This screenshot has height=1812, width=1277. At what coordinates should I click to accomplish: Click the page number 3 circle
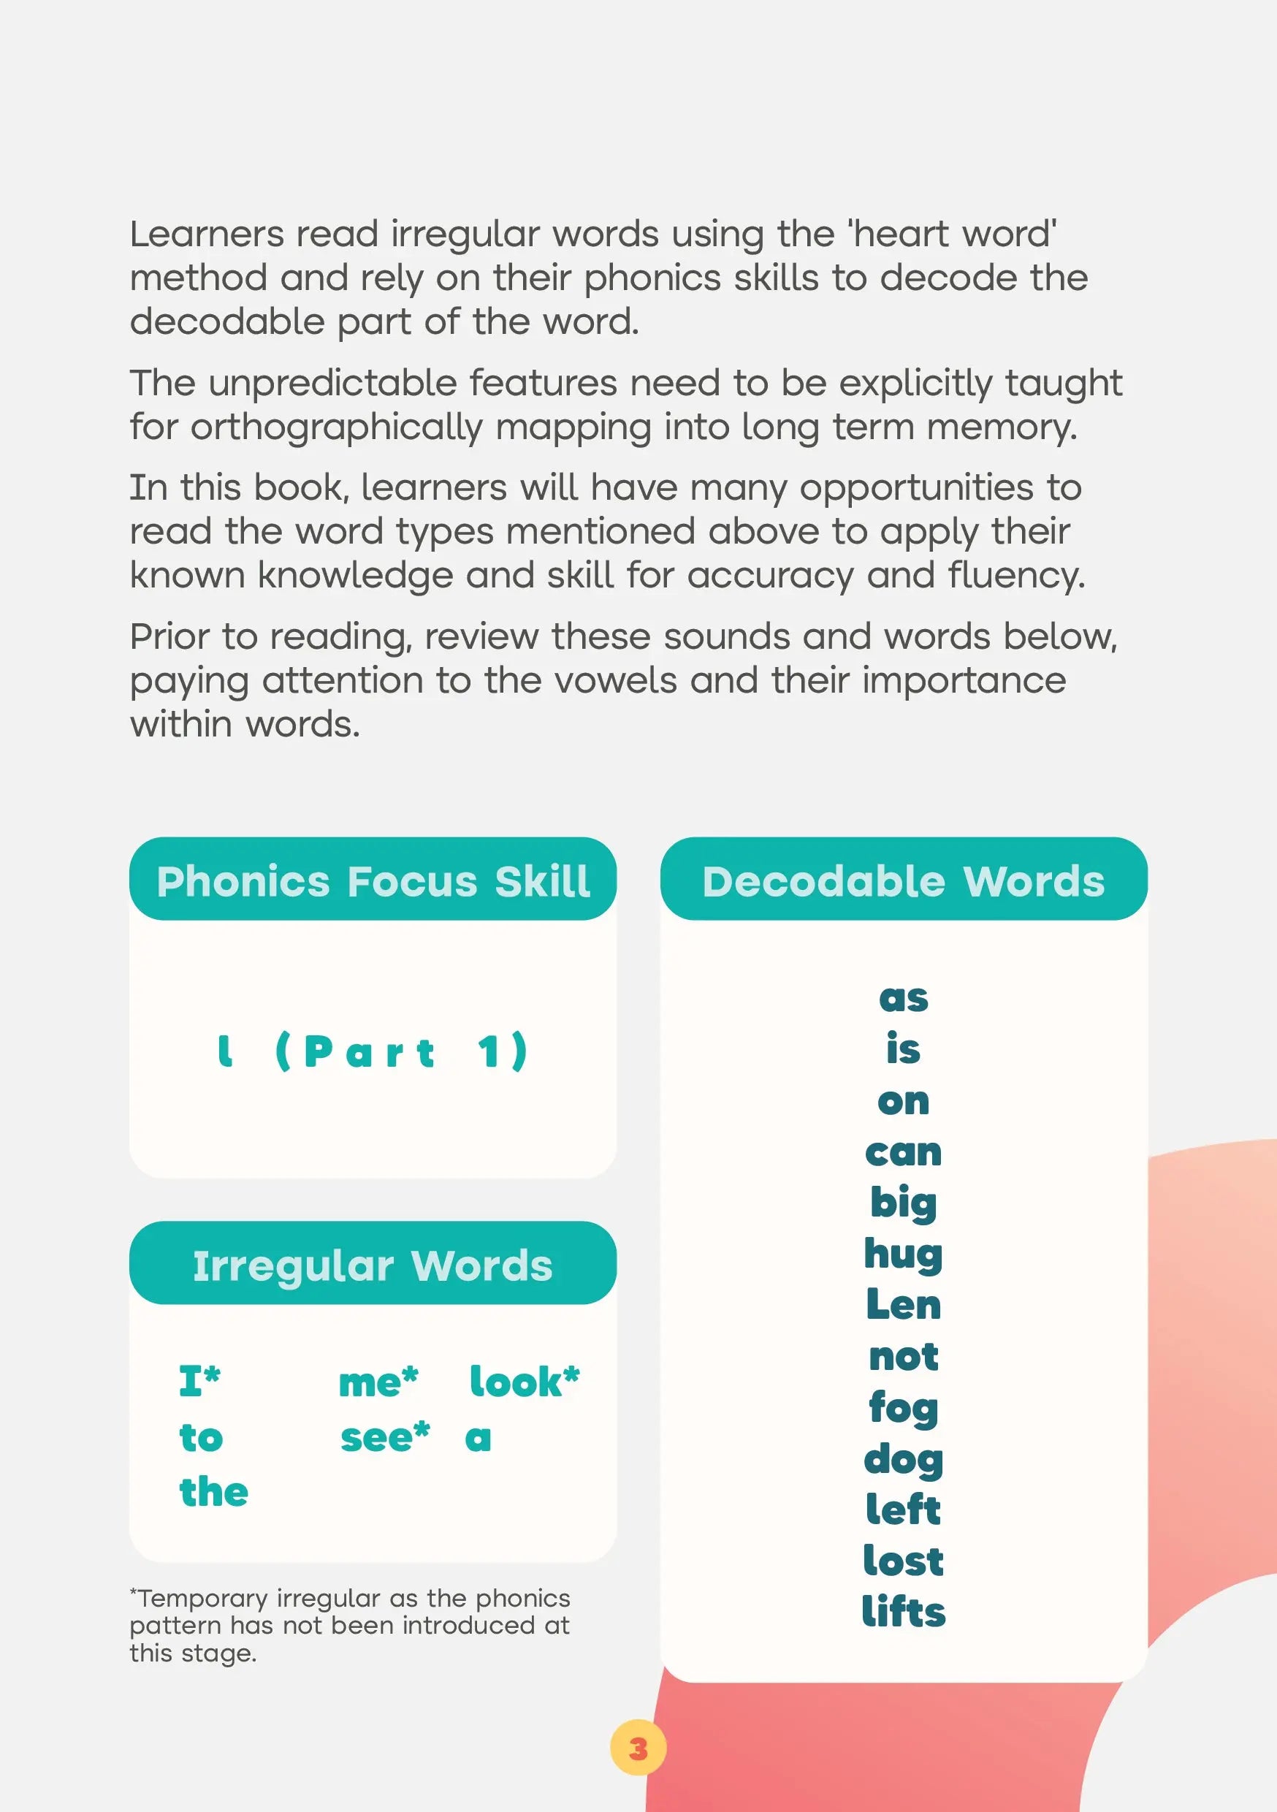[638, 1748]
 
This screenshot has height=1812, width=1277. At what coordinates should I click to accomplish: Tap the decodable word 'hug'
[903, 1254]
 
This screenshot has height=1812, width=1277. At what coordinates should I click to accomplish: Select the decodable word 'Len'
[903, 1304]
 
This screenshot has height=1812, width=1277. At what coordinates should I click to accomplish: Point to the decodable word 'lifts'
[903, 1612]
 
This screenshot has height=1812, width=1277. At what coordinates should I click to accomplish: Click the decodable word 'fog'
[903, 1408]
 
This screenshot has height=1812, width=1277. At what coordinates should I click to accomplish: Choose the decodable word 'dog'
[903, 1459]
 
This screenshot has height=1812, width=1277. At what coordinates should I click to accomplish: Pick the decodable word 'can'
[903, 1153]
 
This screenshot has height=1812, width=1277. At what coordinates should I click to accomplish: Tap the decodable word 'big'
[903, 1203]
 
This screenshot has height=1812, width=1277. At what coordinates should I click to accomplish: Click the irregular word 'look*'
[524, 1382]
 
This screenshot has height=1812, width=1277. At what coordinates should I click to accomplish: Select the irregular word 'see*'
[384, 1437]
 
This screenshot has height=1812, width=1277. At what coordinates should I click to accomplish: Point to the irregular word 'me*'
[378, 1382]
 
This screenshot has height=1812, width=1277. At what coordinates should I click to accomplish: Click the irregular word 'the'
[213, 1491]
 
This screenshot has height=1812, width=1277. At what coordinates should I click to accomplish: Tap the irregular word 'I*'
[199, 1382]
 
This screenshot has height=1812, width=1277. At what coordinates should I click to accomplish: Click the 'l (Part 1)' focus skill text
[373, 1052]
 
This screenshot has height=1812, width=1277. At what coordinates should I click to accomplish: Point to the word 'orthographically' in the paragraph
[336, 427]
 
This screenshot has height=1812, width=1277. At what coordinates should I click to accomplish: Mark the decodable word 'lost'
[903, 1561]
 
